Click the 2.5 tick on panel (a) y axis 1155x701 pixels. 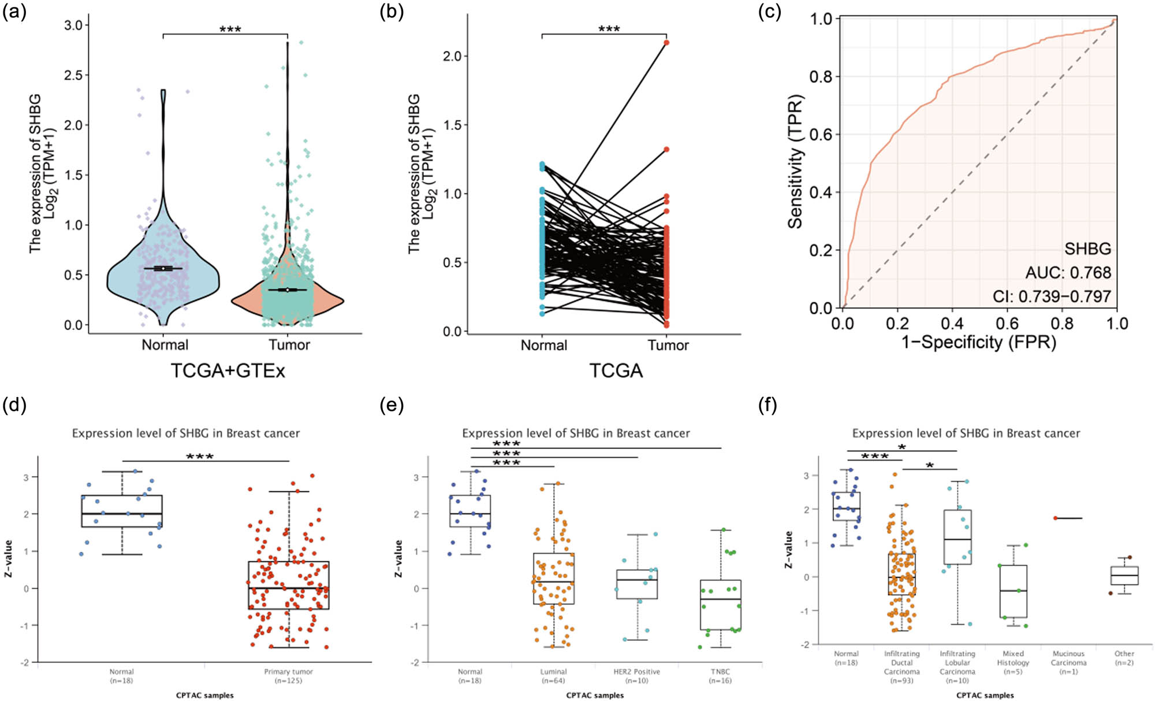[x=73, y=75]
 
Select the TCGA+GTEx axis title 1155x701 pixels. [x=228, y=370]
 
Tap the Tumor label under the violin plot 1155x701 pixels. [x=289, y=345]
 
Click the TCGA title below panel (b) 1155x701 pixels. [x=616, y=370]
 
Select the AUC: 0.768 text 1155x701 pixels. [x=1068, y=272]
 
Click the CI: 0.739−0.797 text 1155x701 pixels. [x=1052, y=296]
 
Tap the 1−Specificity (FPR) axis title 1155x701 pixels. [x=979, y=342]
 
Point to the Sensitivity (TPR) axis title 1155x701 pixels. [x=796, y=162]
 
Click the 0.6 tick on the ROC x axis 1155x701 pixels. [x=1007, y=323]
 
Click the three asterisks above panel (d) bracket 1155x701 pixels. [x=200, y=457]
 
